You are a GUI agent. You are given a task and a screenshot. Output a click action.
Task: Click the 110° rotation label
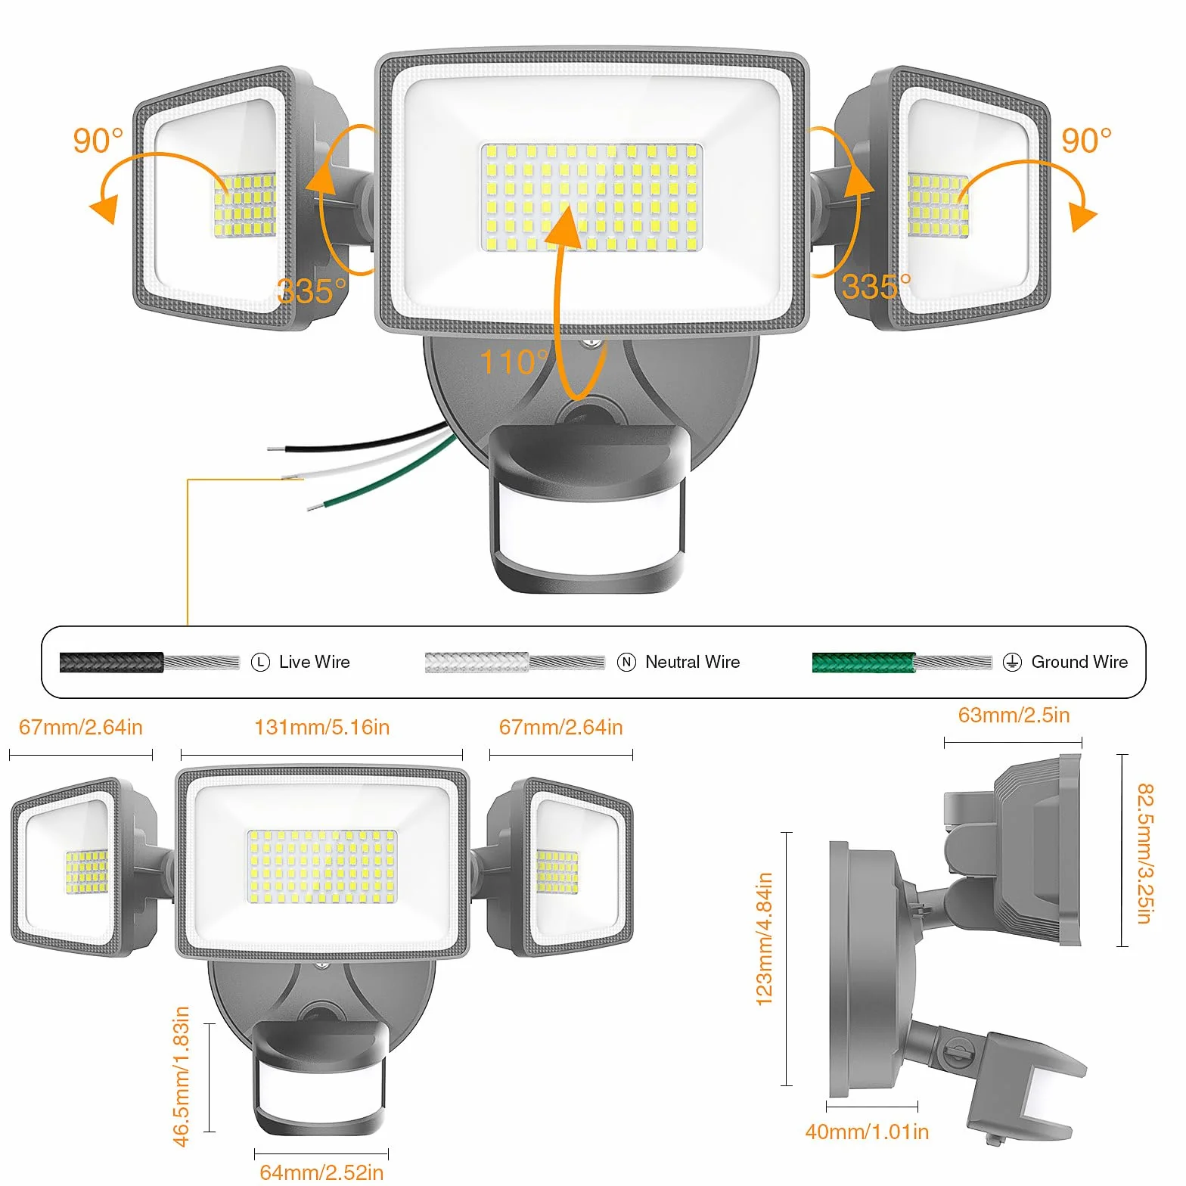515,362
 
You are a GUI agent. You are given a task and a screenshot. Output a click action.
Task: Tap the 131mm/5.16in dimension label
322,728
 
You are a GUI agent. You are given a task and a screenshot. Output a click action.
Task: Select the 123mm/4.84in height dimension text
765,939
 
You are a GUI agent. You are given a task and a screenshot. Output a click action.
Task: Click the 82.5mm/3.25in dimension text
1145,853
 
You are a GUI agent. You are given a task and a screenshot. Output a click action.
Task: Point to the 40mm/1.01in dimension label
867,1132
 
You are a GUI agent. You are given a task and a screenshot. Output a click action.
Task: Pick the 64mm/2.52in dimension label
321,1172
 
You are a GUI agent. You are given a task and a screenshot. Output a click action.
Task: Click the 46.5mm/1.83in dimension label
182,1076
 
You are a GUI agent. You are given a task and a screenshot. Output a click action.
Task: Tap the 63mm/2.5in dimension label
1014,716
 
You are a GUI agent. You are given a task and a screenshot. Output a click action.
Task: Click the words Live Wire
315,663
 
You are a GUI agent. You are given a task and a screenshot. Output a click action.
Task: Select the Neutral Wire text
693,663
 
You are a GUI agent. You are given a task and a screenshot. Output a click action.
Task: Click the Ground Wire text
1079,663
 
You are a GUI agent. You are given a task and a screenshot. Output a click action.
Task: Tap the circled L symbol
260,663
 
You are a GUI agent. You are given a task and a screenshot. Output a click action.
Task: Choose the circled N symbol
627,663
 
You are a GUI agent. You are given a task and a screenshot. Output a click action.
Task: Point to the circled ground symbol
1012,663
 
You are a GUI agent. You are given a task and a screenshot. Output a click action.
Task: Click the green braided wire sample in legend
864,663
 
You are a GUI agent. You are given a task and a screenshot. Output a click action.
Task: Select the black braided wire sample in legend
112,663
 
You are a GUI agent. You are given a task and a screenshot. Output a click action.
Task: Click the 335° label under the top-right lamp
877,287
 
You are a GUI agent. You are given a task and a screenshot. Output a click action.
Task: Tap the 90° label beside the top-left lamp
98,141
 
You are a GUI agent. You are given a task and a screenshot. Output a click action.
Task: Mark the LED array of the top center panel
591,197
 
